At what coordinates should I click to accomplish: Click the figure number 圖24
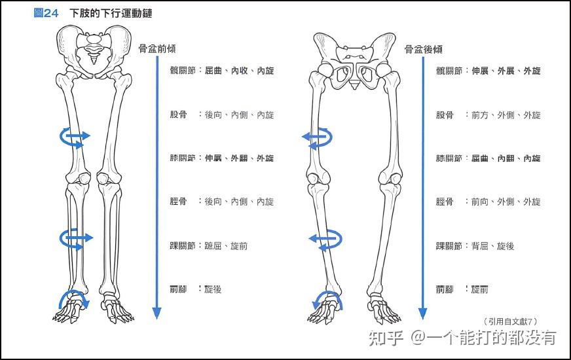pyautogui.click(x=46, y=13)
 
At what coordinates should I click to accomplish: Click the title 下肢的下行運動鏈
pyautogui.click(x=111, y=13)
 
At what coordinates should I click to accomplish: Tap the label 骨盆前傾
pyautogui.click(x=157, y=48)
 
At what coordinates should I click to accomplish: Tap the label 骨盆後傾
pyautogui.click(x=423, y=48)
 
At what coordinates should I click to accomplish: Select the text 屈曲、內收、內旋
pyautogui.click(x=239, y=71)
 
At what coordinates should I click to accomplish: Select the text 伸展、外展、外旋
pyautogui.click(x=506, y=71)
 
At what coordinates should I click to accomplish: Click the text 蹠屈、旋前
pyautogui.click(x=226, y=246)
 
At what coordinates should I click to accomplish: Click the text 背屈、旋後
pyautogui.click(x=492, y=246)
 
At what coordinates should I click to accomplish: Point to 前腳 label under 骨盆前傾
pyautogui.click(x=179, y=289)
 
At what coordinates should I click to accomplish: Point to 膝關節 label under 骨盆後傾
pyautogui.click(x=450, y=158)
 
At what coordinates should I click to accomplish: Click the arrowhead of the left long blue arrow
pyautogui.click(x=156, y=313)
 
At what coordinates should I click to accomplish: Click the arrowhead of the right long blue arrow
pyautogui.click(x=422, y=313)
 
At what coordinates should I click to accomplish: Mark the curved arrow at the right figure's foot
pyautogui.click(x=326, y=300)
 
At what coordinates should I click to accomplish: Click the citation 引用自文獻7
pyautogui.click(x=511, y=321)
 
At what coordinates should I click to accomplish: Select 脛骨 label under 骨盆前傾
pyautogui.click(x=179, y=202)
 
